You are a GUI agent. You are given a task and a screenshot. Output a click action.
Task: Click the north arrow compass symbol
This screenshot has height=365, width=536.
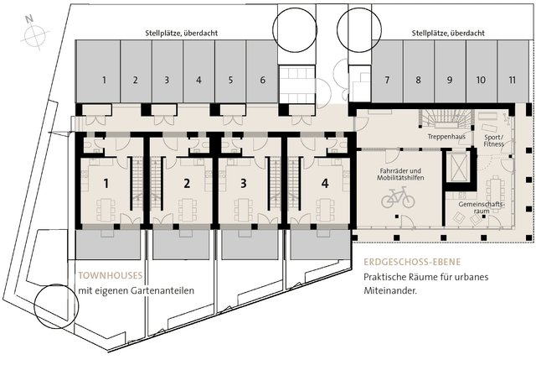35,34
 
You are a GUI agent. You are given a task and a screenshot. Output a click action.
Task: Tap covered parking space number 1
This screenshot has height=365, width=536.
98,71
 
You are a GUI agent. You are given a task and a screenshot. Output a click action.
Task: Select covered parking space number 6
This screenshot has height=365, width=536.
262,71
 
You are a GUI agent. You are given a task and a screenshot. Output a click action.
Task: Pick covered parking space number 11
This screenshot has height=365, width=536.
513,71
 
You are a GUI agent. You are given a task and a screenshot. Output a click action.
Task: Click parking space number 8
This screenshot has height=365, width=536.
419,71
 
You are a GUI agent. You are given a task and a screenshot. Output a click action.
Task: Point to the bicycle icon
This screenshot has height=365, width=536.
398,197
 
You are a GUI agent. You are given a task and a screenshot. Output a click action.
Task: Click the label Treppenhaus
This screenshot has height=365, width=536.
446,137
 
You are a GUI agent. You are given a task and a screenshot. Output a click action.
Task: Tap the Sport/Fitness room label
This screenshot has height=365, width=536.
494,140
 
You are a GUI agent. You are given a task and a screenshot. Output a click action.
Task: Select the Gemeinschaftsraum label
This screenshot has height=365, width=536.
482,207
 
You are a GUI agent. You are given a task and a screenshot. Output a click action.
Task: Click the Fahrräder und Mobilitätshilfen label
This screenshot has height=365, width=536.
400,175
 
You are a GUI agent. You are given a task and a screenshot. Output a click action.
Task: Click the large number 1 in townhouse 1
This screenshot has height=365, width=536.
106,184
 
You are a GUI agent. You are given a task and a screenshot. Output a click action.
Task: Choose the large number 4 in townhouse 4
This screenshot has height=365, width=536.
325,184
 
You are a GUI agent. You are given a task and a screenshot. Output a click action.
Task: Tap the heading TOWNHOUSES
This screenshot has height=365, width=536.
111,275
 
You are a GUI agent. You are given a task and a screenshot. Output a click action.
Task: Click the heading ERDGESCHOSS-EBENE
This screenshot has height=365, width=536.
412,263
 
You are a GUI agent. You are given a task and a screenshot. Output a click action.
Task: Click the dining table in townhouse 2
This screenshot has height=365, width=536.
188,210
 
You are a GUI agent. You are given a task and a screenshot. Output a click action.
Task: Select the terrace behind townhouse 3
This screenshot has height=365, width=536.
250,244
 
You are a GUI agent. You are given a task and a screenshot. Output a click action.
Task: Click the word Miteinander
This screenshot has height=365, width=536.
390,290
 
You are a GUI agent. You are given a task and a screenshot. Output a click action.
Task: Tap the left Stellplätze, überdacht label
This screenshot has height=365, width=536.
182,34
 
